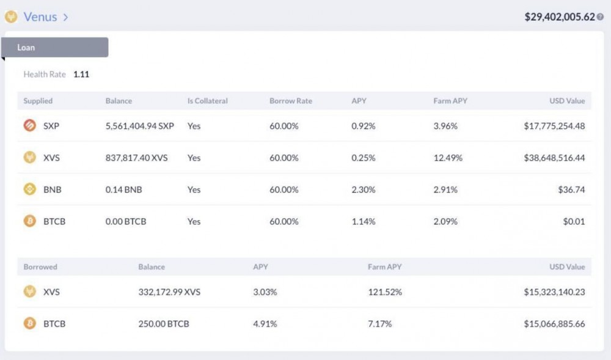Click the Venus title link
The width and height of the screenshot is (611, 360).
(40, 17)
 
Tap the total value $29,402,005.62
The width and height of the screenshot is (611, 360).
(559, 17)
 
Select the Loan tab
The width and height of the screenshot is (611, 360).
(26, 48)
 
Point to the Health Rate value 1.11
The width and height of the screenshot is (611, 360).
(81, 75)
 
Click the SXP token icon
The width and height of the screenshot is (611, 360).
(30, 126)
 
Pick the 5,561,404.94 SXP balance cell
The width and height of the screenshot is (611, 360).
(139, 126)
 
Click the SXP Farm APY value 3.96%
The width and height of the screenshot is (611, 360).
(445, 126)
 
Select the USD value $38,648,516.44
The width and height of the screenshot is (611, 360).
(554, 158)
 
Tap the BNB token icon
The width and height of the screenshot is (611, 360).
(30, 189)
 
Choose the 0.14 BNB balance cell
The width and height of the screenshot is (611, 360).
(123, 189)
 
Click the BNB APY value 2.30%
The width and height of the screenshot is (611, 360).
(364, 189)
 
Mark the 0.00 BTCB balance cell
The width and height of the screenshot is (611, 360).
(126, 221)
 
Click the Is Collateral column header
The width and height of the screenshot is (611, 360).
(207, 101)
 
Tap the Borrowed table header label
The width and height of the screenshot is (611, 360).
(40, 267)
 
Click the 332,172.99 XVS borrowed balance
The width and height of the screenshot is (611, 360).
(169, 292)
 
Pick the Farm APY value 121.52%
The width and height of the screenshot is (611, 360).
(385, 292)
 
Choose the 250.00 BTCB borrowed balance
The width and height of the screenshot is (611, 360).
(164, 324)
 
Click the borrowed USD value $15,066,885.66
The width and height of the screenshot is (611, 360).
(554, 324)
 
